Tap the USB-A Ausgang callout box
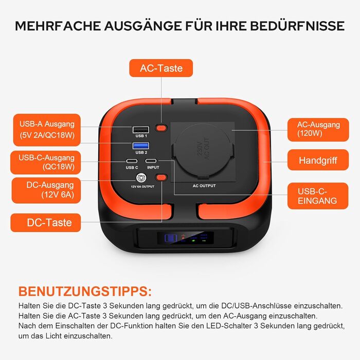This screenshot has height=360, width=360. [x=47, y=130]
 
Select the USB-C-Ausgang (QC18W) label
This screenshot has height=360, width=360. [x=47, y=162]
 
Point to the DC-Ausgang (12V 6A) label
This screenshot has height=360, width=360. [x=47, y=190]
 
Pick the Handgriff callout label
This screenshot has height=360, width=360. [x=318, y=160]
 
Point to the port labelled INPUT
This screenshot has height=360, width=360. [x=152, y=161]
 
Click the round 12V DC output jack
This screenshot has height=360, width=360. [x=139, y=178]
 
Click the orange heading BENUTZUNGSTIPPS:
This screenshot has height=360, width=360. [x=85, y=292]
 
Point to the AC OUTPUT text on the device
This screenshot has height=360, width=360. [x=204, y=186]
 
